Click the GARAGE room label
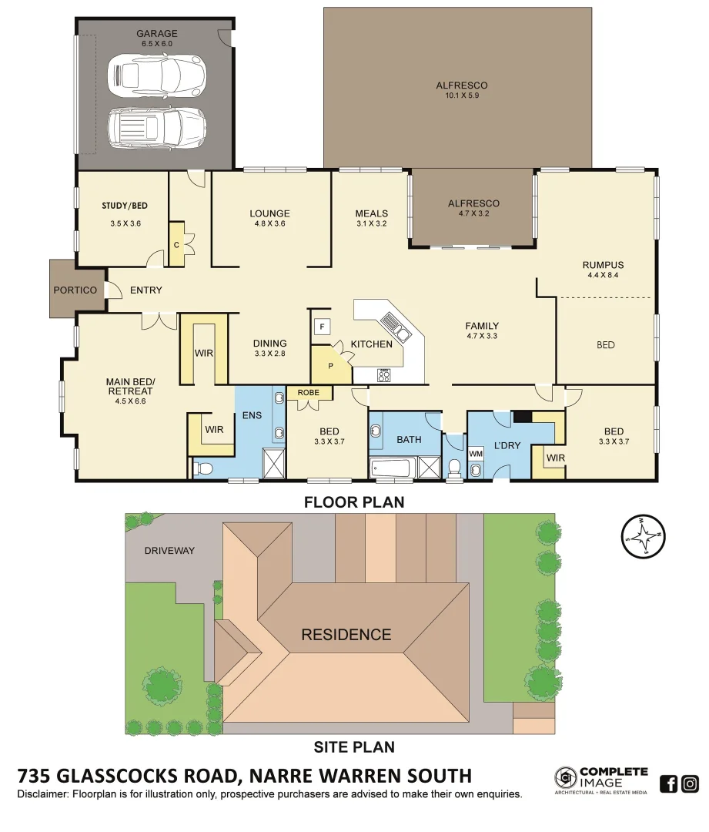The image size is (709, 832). [x=156, y=33]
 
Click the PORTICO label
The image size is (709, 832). [x=75, y=290]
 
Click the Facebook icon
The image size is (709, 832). [x=669, y=783]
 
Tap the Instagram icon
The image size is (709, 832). [x=691, y=783]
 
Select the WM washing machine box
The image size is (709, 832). [x=476, y=455]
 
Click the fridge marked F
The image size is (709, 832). [x=322, y=327]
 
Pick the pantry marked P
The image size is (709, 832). [x=330, y=366]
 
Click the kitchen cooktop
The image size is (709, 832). [x=383, y=375]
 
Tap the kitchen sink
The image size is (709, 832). [x=398, y=327]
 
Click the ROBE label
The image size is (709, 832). [x=309, y=392]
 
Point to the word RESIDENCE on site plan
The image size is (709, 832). [x=346, y=635]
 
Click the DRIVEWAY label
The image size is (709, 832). [x=169, y=550]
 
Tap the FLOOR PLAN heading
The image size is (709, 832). [x=354, y=502]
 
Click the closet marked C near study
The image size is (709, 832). [x=176, y=245]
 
